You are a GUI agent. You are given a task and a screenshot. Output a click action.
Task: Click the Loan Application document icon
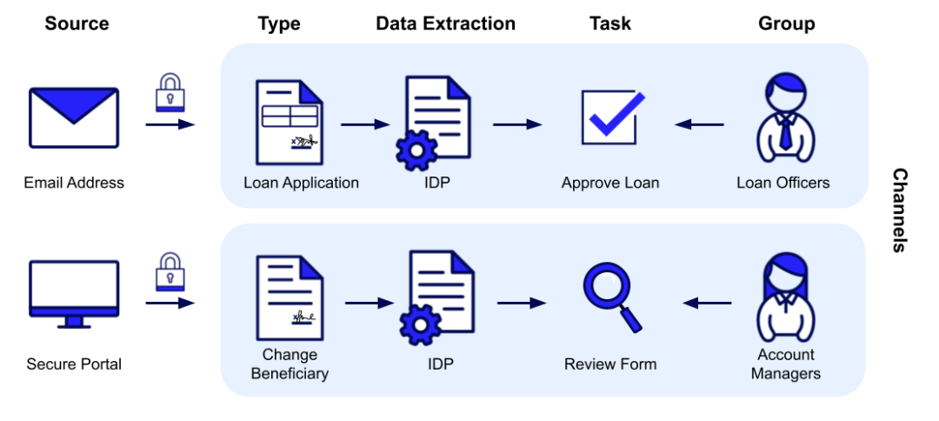(290, 122)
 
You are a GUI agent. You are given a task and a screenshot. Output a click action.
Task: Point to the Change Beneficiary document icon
(290, 298)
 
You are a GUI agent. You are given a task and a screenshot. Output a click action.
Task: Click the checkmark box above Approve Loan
(613, 117)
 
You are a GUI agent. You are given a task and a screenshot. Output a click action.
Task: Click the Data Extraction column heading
(445, 23)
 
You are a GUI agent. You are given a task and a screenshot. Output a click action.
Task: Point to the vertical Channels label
(900, 210)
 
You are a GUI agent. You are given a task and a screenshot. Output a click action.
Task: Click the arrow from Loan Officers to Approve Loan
(699, 124)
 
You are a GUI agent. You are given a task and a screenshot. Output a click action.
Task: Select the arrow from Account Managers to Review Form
(707, 303)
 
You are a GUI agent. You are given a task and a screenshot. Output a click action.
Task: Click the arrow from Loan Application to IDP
(365, 124)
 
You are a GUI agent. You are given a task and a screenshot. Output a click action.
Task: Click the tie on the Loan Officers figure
(785, 134)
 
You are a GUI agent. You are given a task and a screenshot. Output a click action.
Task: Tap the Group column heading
(786, 23)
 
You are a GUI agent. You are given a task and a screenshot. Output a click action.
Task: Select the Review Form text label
(610, 364)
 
